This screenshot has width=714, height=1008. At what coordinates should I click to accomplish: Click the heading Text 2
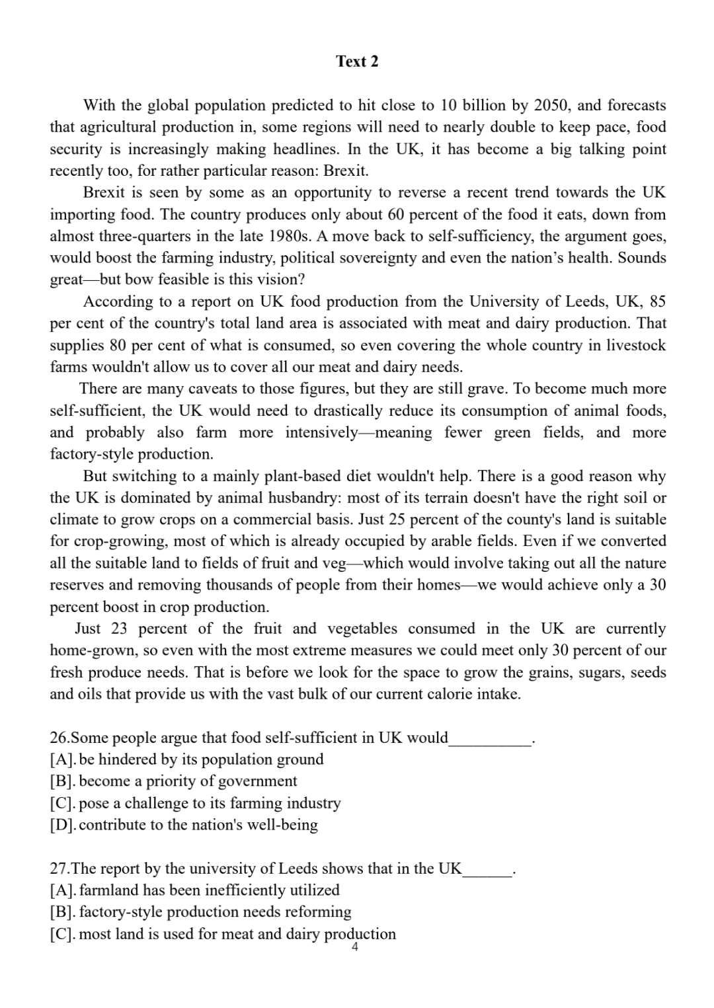coord(357,61)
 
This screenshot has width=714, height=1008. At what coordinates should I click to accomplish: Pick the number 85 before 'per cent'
coord(657,301)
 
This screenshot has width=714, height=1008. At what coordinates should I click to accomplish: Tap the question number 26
coord(59,738)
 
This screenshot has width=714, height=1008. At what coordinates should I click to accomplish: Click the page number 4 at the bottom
coord(355,948)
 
